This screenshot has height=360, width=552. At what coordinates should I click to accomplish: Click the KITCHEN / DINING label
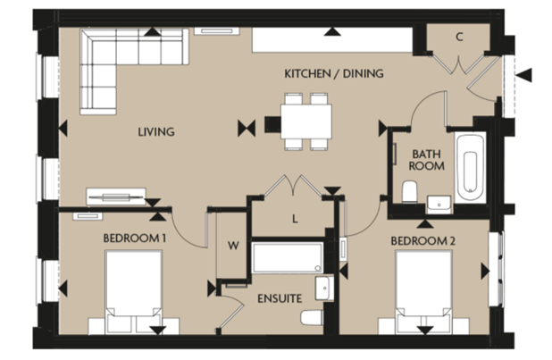tap(333, 73)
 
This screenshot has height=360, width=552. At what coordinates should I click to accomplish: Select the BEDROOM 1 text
tap(135, 239)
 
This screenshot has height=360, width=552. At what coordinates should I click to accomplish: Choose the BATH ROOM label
tap(425, 159)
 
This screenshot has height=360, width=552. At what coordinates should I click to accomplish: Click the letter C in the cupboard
tap(458, 38)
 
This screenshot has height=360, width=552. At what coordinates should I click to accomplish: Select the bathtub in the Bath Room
tap(470, 167)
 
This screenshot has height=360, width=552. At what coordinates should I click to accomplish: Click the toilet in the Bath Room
tap(410, 193)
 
